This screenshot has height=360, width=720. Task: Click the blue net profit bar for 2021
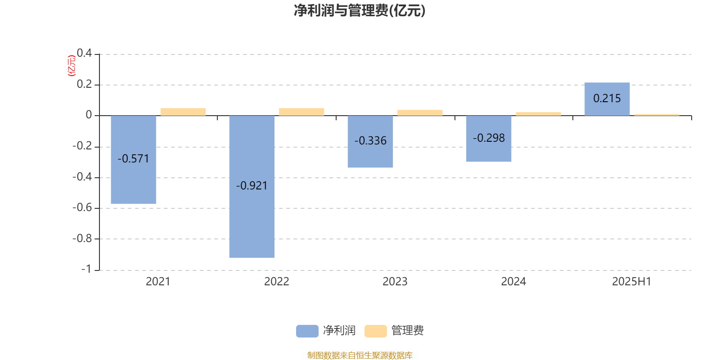click(x=133, y=159)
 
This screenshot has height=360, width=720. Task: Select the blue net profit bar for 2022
click(x=252, y=186)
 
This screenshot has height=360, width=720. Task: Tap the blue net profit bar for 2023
click(x=370, y=141)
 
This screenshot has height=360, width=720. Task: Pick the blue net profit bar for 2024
click(x=489, y=139)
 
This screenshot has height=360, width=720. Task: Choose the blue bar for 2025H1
click(x=607, y=99)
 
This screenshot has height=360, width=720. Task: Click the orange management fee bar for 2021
click(x=183, y=112)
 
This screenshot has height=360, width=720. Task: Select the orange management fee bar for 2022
click(x=301, y=112)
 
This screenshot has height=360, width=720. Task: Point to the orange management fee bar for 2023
click(x=420, y=113)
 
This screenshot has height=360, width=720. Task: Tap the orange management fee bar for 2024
click(x=538, y=114)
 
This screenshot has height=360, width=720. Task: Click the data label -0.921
click(x=252, y=186)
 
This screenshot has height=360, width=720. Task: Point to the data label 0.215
click(x=607, y=99)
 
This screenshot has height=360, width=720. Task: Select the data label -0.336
click(x=370, y=141)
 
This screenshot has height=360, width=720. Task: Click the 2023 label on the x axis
click(x=395, y=282)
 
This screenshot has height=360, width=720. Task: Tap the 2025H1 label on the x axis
click(x=632, y=282)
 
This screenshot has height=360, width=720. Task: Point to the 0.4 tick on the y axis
click(x=84, y=53)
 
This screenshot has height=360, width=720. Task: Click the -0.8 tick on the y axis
click(x=82, y=238)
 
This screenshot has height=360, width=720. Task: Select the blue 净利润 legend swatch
click(x=307, y=331)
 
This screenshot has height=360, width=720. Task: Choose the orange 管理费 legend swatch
click(x=375, y=331)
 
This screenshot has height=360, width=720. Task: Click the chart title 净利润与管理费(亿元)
click(x=360, y=11)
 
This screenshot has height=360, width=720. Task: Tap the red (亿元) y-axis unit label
click(x=72, y=66)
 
